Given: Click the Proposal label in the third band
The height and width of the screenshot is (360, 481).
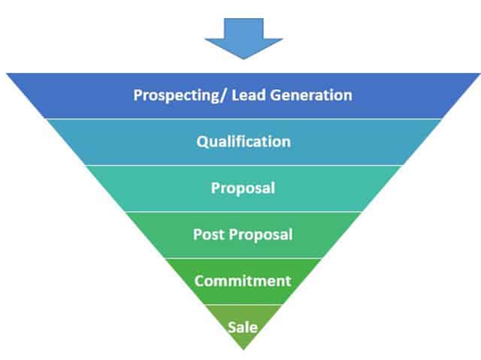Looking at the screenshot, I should pos(243,188).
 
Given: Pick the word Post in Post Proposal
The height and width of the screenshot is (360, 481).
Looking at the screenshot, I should pos(207,234).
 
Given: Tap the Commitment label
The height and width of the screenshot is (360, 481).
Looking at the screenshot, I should pos(243,281).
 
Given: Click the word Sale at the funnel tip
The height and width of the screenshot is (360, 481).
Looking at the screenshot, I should pos(243,327).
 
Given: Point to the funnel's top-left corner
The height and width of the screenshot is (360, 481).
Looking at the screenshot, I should pos(8,74).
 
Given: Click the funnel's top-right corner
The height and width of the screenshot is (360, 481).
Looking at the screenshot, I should pos(479,74).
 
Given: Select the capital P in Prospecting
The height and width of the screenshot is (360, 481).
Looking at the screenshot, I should pos(138,95).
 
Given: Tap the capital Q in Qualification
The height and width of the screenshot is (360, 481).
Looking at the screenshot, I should pos(201,141).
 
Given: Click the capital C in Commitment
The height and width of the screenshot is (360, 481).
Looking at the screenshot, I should pos(199,281).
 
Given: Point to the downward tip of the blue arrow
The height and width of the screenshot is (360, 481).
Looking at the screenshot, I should pos(242,59).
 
